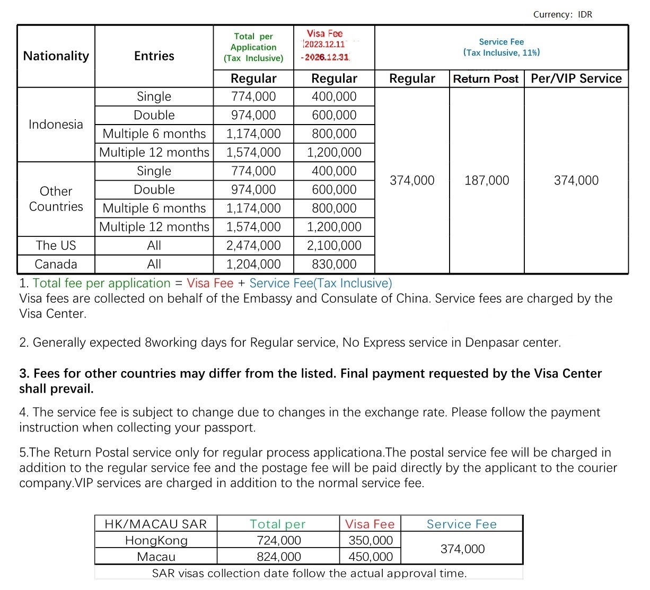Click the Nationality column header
pos(56,56)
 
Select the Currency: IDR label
pos(563,14)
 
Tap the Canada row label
pos(56,264)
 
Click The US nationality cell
pos(56,245)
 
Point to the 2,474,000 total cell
pos(253,245)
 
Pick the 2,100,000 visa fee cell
pos(334,245)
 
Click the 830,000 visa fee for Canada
pos(334,264)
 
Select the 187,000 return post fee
pos(487,181)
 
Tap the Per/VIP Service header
pos(576,78)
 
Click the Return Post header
pos(486,79)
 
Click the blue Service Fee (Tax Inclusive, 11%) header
pos(501,47)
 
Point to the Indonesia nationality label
pos(56,125)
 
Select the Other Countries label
pos(56,199)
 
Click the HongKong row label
pos(156,541)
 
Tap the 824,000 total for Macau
pos(279,557)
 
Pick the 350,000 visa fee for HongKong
pos(371,541)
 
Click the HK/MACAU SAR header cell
pos(156,524)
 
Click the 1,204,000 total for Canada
pos(253,264)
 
